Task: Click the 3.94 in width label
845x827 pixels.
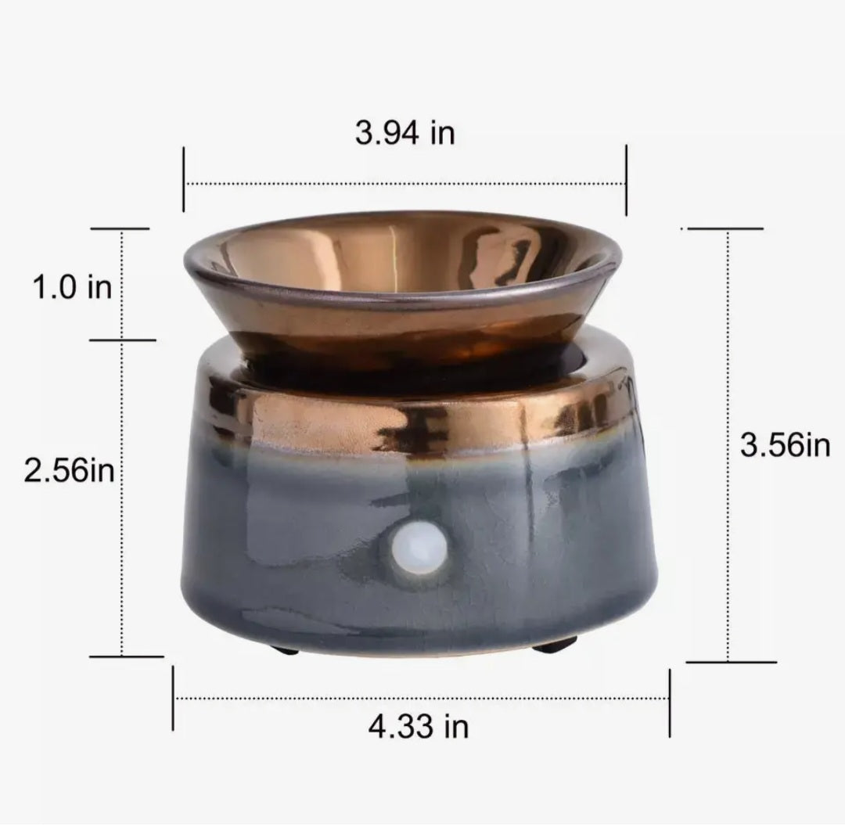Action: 405,133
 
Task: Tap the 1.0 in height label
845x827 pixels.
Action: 71,287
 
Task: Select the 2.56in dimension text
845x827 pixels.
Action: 70,472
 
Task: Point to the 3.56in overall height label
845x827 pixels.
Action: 785,445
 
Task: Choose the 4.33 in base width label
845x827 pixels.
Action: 419,726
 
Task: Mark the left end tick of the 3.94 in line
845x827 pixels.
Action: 184,178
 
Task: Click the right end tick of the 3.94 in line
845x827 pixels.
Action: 626,179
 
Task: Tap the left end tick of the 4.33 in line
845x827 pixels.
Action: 173,698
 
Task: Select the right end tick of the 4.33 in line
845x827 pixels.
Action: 670,703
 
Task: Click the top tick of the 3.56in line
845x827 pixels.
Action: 724,228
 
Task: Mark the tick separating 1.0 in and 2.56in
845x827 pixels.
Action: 124,340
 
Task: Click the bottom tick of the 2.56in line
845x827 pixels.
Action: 125,656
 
